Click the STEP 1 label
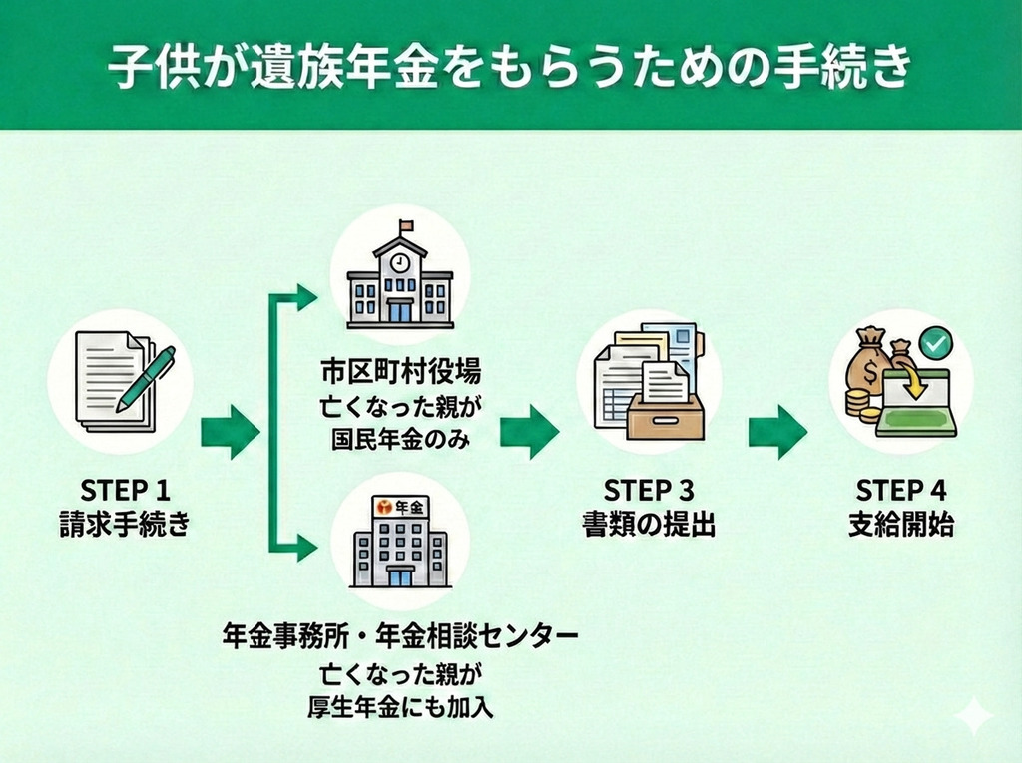click(125, 490)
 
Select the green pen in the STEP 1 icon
click(146, 379)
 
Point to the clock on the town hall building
click(399, 262)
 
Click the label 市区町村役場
click(400, 373)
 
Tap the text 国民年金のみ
click(400, 437)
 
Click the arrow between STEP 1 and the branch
click(230, 431)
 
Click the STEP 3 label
click(649, 490)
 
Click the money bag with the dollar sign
click(865, 370)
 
